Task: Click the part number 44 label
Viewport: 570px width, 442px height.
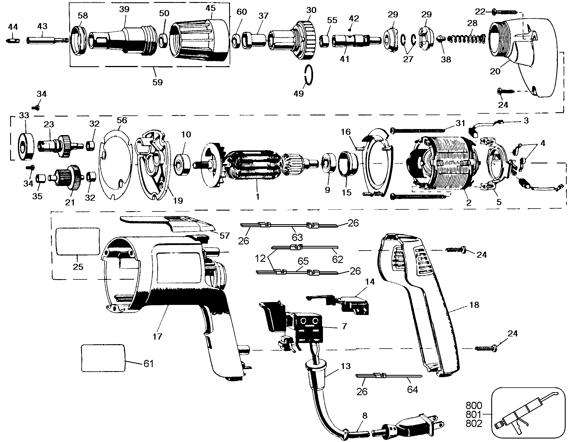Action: point(13,27)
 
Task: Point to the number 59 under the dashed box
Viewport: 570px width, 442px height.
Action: point(158,82)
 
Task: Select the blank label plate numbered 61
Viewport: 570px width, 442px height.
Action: point(103,358)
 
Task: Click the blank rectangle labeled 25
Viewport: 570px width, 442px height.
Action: point(78,241)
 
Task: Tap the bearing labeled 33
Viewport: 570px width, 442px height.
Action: point(26,146)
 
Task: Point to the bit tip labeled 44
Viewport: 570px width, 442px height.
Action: point(12,40)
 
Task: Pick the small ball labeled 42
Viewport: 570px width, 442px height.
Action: point(350,30)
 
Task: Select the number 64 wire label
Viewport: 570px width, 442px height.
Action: point(412,390)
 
